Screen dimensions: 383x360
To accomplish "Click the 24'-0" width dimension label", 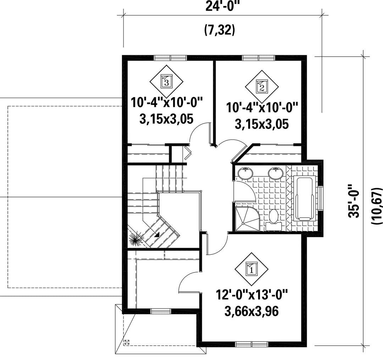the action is pyautogui.click(x=222, y=6).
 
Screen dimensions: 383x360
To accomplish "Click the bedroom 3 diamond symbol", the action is pyautogui.click(x=166, y=81).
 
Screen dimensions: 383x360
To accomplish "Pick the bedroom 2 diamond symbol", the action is pyautogui.click(x=262, y=87).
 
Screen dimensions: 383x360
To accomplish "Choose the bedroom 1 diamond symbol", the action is pyautogui.click(x=251, y=269).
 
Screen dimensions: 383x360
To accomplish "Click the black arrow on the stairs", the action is pyautogui.click(x=157, y=234).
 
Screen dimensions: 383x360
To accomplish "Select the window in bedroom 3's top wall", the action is pyautogui.click(x=171, y=58).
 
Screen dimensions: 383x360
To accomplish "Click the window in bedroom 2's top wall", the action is pyautogui.click(x=259, y=58).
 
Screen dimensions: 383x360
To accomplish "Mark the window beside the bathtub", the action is pyautogui.click(x=321, y=198).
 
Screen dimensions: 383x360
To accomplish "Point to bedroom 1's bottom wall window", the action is pyautogui.click(x=252, y=344).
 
